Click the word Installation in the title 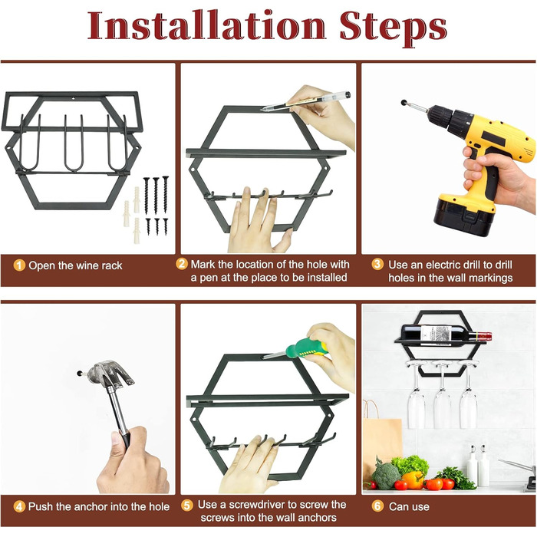pos(206,25)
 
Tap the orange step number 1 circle pos(19,265)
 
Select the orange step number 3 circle pos(377,265)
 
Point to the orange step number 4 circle pos(19,506)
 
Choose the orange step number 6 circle pos(377,506)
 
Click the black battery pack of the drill pos(464,216)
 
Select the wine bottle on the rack pos(446,333)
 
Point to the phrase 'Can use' pos(409,506)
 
